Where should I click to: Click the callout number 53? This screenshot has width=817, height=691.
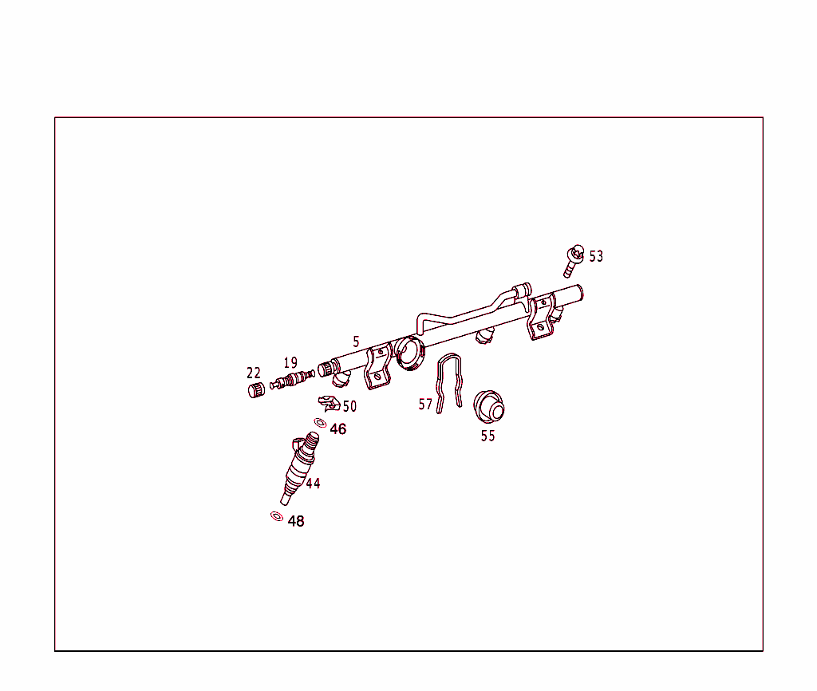click(596, 256)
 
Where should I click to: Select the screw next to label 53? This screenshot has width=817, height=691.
click(573, 261)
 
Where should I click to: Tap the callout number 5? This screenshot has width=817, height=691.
click(356, 342)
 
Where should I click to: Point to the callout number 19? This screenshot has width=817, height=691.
click(290, 363)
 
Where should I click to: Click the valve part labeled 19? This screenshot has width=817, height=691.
click(292, 379)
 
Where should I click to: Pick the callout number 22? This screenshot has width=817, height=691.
click(254, 373)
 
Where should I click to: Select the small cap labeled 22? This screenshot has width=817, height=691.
click(256, 390)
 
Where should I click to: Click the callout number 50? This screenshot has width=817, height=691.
click(349, 406)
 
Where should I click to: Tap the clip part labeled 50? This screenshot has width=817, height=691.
click(330, 403)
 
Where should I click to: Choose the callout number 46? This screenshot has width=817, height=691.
click(338, 428)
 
